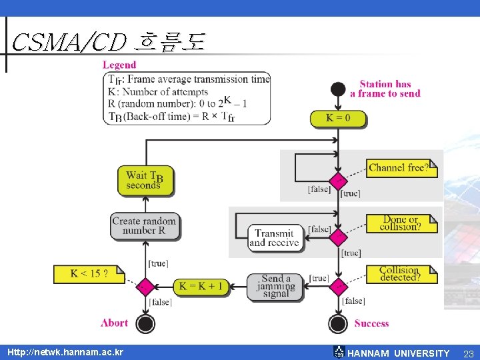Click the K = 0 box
338,119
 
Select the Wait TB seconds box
146,181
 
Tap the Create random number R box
145,227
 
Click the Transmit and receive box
275,239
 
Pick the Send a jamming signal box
275,287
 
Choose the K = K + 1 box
201,287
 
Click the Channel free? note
402,169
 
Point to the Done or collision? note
402,223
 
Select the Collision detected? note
402,274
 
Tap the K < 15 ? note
89,274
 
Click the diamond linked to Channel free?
338,181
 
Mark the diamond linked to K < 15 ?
145,287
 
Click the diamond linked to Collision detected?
338,287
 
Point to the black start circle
338,89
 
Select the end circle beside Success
338,323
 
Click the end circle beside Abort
145,323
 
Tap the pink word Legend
119,65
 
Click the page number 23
469,354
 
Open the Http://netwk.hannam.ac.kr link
65,352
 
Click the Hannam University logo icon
339,352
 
